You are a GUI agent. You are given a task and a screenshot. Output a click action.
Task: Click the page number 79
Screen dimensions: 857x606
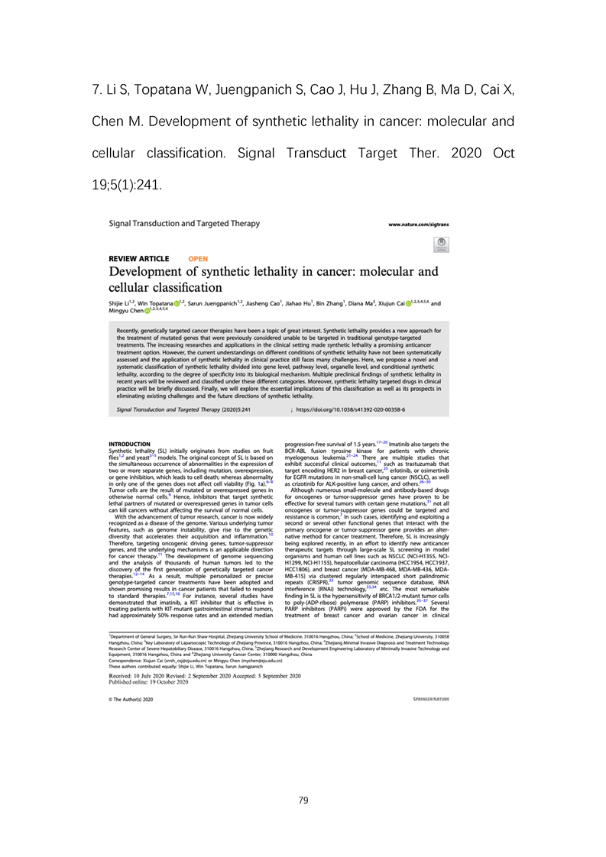click(303, 800)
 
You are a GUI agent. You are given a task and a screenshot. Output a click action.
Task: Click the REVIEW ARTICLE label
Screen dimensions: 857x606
click(139, 259)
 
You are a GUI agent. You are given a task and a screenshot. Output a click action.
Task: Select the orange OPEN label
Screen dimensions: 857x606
click(198, 259)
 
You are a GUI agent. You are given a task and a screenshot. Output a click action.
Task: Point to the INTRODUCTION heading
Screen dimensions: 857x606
click(130, 444)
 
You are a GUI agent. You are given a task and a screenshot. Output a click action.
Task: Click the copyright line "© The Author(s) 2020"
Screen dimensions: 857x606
click(131, 699)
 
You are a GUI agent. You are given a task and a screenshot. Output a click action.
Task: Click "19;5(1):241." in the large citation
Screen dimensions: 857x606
click(127, 185)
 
